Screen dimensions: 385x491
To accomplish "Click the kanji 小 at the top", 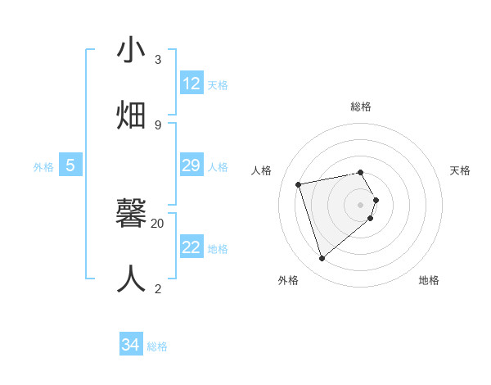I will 131,51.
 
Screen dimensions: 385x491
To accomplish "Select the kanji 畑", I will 131,115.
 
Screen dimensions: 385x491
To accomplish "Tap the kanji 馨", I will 131,214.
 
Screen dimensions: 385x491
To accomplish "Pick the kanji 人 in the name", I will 131,279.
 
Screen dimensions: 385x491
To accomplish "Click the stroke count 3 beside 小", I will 158,60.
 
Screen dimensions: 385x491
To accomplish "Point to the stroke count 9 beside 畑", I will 158,125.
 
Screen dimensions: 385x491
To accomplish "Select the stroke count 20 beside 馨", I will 158,223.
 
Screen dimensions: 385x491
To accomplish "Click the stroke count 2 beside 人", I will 158,288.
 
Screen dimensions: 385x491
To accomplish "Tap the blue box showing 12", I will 191,84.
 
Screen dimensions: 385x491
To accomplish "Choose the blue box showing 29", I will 191,165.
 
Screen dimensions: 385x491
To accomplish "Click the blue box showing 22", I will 191,247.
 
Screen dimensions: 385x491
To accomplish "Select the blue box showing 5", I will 70,165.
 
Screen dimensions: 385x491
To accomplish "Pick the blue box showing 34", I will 131,345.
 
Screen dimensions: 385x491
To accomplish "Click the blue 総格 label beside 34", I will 157,346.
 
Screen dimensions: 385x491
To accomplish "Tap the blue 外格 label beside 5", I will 43,167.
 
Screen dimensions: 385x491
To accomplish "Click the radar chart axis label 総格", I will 361,106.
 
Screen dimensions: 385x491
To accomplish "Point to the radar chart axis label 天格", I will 460,170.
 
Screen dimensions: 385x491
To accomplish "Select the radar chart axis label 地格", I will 429,280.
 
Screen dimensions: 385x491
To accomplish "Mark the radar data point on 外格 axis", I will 322,259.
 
